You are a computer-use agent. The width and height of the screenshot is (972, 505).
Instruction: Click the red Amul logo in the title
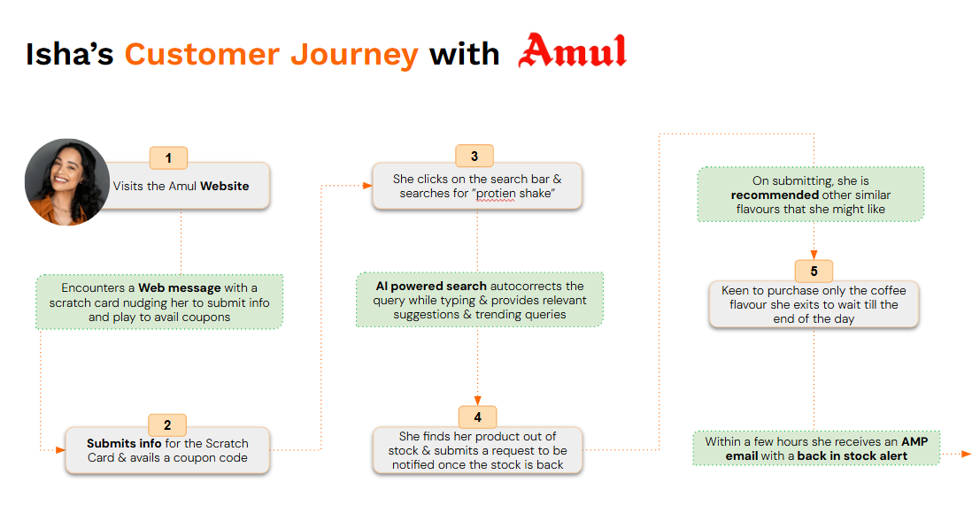(572, 51)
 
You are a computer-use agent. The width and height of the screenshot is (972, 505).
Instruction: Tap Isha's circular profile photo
(67, 181)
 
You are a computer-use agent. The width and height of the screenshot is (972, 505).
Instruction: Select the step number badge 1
(168, 158)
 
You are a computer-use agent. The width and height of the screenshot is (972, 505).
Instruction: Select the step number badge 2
(167, 425)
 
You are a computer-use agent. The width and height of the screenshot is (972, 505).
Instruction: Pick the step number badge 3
(474, 157)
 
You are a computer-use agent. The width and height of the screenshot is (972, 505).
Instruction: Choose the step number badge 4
(477, 417)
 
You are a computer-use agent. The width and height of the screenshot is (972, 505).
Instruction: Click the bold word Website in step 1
(225, 187)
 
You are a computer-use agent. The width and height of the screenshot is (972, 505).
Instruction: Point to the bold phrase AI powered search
(431, 287)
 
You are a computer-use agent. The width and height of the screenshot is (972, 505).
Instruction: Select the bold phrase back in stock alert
(852, 456)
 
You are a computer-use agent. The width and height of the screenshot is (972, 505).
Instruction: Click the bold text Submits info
(120, 443)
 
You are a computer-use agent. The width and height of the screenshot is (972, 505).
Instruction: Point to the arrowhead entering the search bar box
(366, 185)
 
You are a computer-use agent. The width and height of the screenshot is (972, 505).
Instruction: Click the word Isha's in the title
(70, 54)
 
